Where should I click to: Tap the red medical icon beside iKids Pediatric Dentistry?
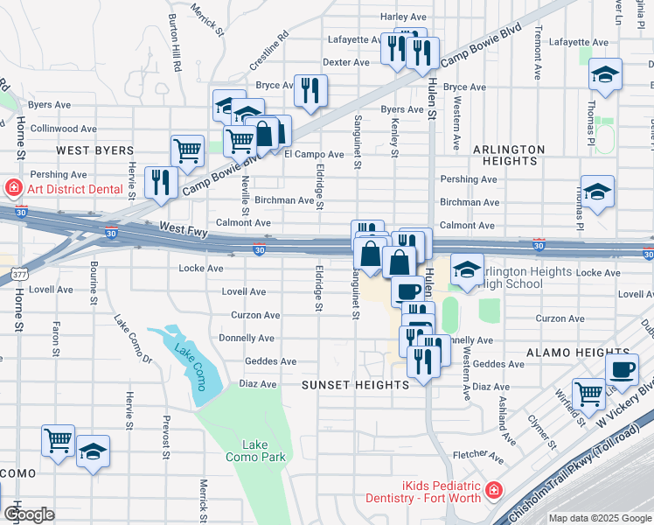pos(494,489)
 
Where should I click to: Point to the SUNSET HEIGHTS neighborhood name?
pos(355,385)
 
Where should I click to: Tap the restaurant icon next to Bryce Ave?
pos(310,91)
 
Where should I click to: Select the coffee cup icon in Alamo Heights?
pos(622,370)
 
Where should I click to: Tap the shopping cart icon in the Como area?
pos(58,441)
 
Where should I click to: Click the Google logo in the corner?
pos(29,514)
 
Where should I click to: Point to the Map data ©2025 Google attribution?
pos(600,518)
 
